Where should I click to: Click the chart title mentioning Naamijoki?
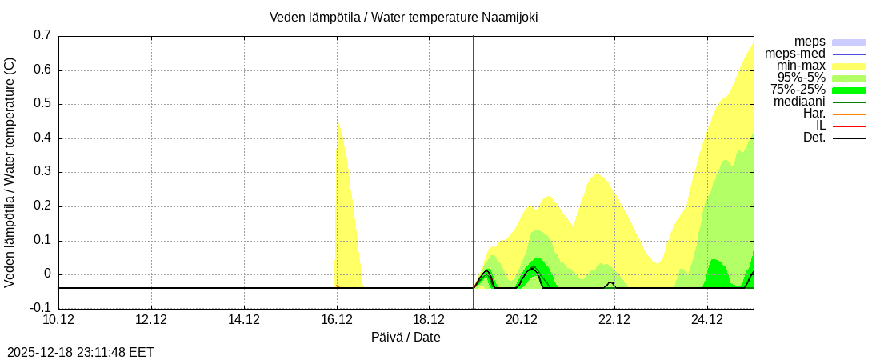coord(403,17)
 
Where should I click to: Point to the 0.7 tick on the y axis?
coord(42,35)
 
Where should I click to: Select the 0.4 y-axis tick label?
coord(42,138)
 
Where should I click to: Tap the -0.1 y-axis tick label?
coord(40,308)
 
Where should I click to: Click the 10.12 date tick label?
coord(58,320)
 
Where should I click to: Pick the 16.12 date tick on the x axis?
coord(337,320)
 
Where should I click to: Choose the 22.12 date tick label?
coord(614,320)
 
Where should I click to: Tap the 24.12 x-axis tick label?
coord(707,320)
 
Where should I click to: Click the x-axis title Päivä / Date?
coord(406,337)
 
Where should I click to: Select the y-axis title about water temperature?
coord(10,172)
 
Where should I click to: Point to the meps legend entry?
coord(810,42)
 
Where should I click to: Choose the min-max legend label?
coord(801,66)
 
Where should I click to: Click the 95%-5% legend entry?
coord(801,78)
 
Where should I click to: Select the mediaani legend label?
coord(799,102)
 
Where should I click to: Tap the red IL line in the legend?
coord(849,126)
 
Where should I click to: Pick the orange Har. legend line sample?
coord(849,114)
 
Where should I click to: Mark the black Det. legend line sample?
coord(849,138)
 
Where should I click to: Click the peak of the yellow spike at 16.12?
coord(338,121)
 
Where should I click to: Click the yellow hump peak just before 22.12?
coord(596,174)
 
